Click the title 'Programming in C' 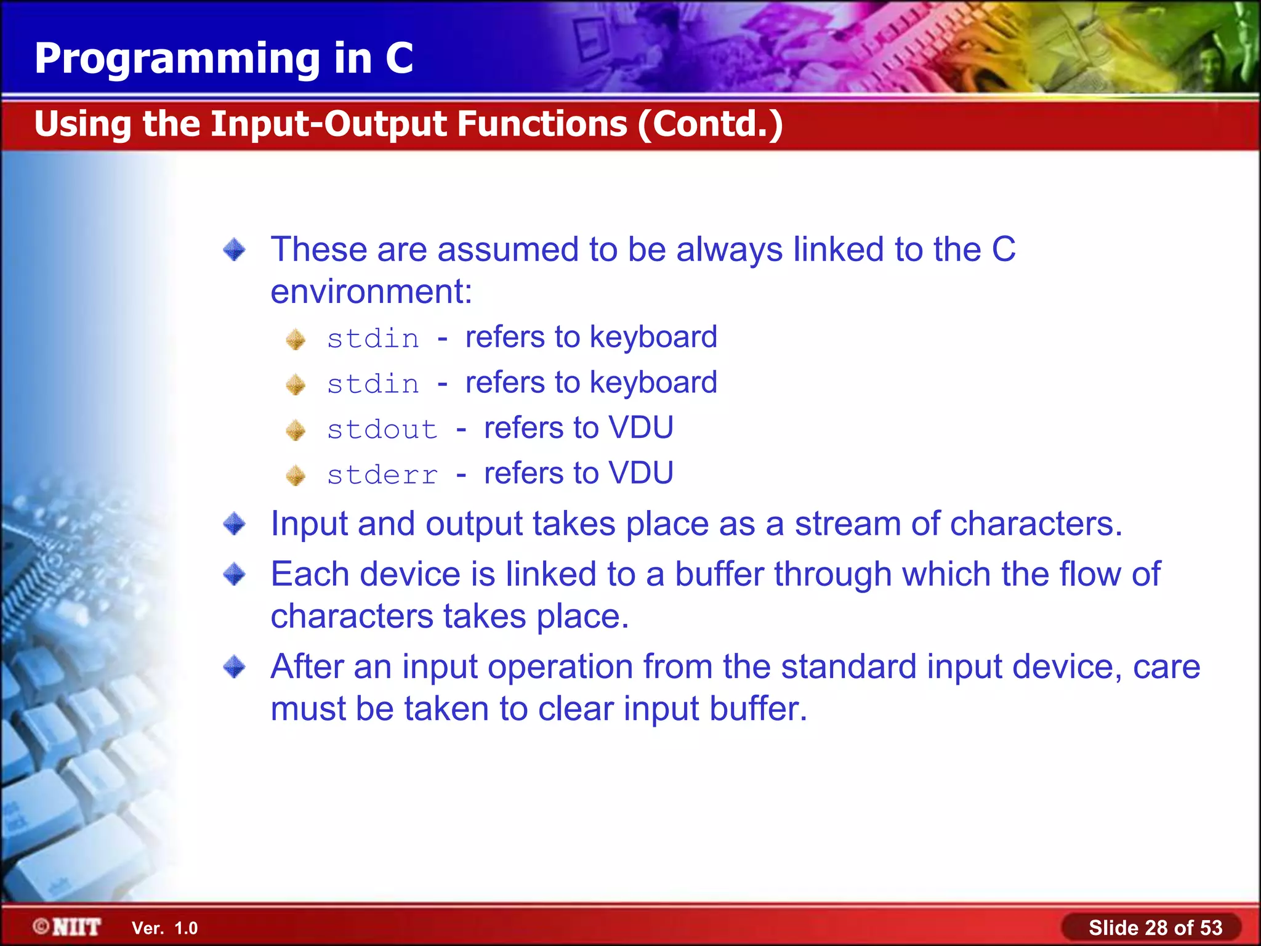coord(224,59)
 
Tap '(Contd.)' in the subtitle coord(711,124)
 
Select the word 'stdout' coord(382,429)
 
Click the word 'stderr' coord(382,475)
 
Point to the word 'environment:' coord(371,291)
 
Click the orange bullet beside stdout coord(296,430)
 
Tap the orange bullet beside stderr coord(296,475)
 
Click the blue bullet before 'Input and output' coord(235,524)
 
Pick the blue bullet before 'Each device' coord(235,575)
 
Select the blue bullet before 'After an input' coord(235,667)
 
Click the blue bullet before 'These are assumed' coord(235,250)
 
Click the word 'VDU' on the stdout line coord(640,427)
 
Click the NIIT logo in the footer coord(68,927)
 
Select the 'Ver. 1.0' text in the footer coord(164,928)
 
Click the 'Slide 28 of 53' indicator coord(1155,928)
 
